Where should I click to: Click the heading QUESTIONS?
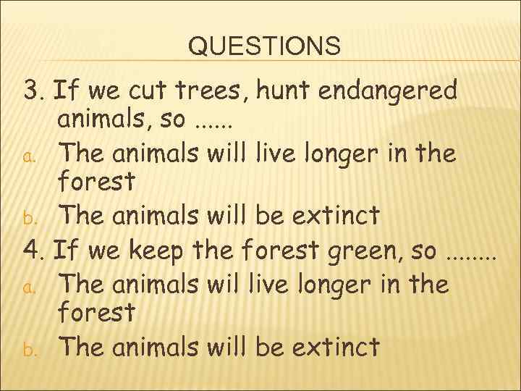point(263,46)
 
